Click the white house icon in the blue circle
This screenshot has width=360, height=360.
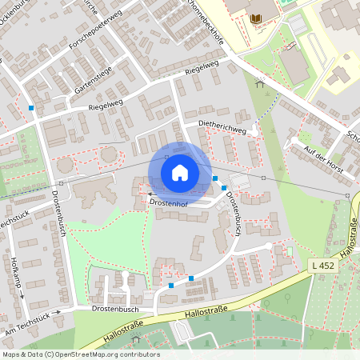pyautogui.click(x=179, y=172)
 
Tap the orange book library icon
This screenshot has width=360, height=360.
pyautogui.click(x=256, y=18)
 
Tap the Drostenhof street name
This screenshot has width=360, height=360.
pyautogui.click(x=171, y=203)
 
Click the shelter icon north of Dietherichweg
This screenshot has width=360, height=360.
pyautogui.click(x=259, y=82)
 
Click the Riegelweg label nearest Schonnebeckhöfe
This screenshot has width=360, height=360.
pyautogui.click(x=202, y=69)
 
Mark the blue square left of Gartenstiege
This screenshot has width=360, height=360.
pyautogui.click(x=31, y=107)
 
